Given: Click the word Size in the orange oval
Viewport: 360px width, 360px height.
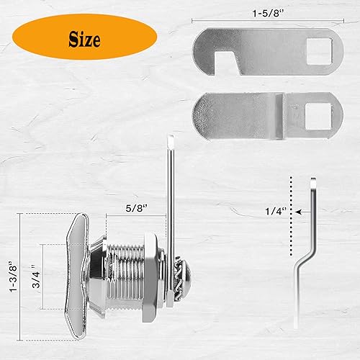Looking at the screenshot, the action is pyautogui.click(x=84, y=40).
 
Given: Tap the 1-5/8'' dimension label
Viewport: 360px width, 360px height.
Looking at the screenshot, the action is pyautogui.click(x=269, y=13).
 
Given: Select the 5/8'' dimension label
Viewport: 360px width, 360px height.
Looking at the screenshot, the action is pyautogui.click(x=136, y=208).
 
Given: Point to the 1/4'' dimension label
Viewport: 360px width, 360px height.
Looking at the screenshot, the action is pyautogui.click(x=276, y=212).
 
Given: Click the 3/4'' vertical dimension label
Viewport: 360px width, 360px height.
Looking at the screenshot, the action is pyautogui.click(x=36, y=276).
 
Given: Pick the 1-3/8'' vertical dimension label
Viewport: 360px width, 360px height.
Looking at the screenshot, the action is pyautogui.click(x=14, y=276).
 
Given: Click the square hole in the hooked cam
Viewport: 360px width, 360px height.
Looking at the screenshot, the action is pyautogui.click(x=319, y=51).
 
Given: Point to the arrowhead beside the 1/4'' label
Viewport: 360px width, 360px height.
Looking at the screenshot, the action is pyautogui.click(x=298, y=212).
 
